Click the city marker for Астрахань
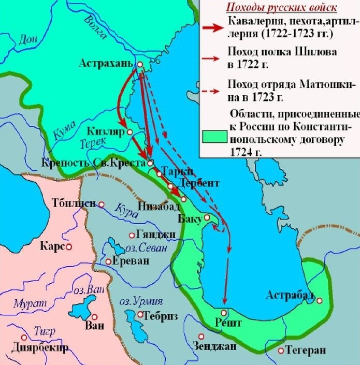(140, 64)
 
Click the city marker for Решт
(224, 313)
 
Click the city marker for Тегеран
(281, 351)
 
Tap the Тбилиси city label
(74, 203)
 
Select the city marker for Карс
(68, 247)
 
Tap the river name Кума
(60, 133)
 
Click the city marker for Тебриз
(140, 314)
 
